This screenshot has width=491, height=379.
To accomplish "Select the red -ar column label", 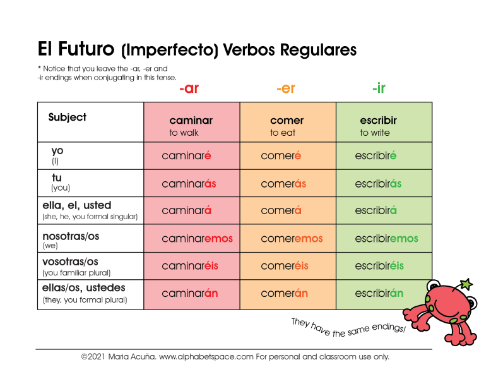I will pos(189,88).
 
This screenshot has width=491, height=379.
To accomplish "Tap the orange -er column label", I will pos(285,88).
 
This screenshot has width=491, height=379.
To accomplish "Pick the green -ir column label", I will pos(379,88).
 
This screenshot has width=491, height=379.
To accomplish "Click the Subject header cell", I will pos(68,117).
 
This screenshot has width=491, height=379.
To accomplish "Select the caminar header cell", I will pos(191,121).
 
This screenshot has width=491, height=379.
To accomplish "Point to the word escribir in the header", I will pos(378,121).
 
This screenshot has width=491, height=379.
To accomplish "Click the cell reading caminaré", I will pos(186,156).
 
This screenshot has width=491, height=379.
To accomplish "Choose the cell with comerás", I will pos(283,184).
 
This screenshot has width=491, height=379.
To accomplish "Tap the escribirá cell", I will pos(376,211).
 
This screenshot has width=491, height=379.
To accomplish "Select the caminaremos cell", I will pos(197,239).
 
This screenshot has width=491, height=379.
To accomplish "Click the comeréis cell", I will pos(285,266).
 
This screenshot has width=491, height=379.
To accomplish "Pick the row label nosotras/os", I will pos(71,236).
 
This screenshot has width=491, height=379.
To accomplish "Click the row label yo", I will pos(57,151).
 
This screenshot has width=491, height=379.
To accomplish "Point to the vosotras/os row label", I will pos(70,262).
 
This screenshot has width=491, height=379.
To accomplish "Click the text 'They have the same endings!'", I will pos(348,328).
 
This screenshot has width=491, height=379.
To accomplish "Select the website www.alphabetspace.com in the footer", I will pos(206,357).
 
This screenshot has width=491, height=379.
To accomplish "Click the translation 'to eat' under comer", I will pos(283,133).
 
